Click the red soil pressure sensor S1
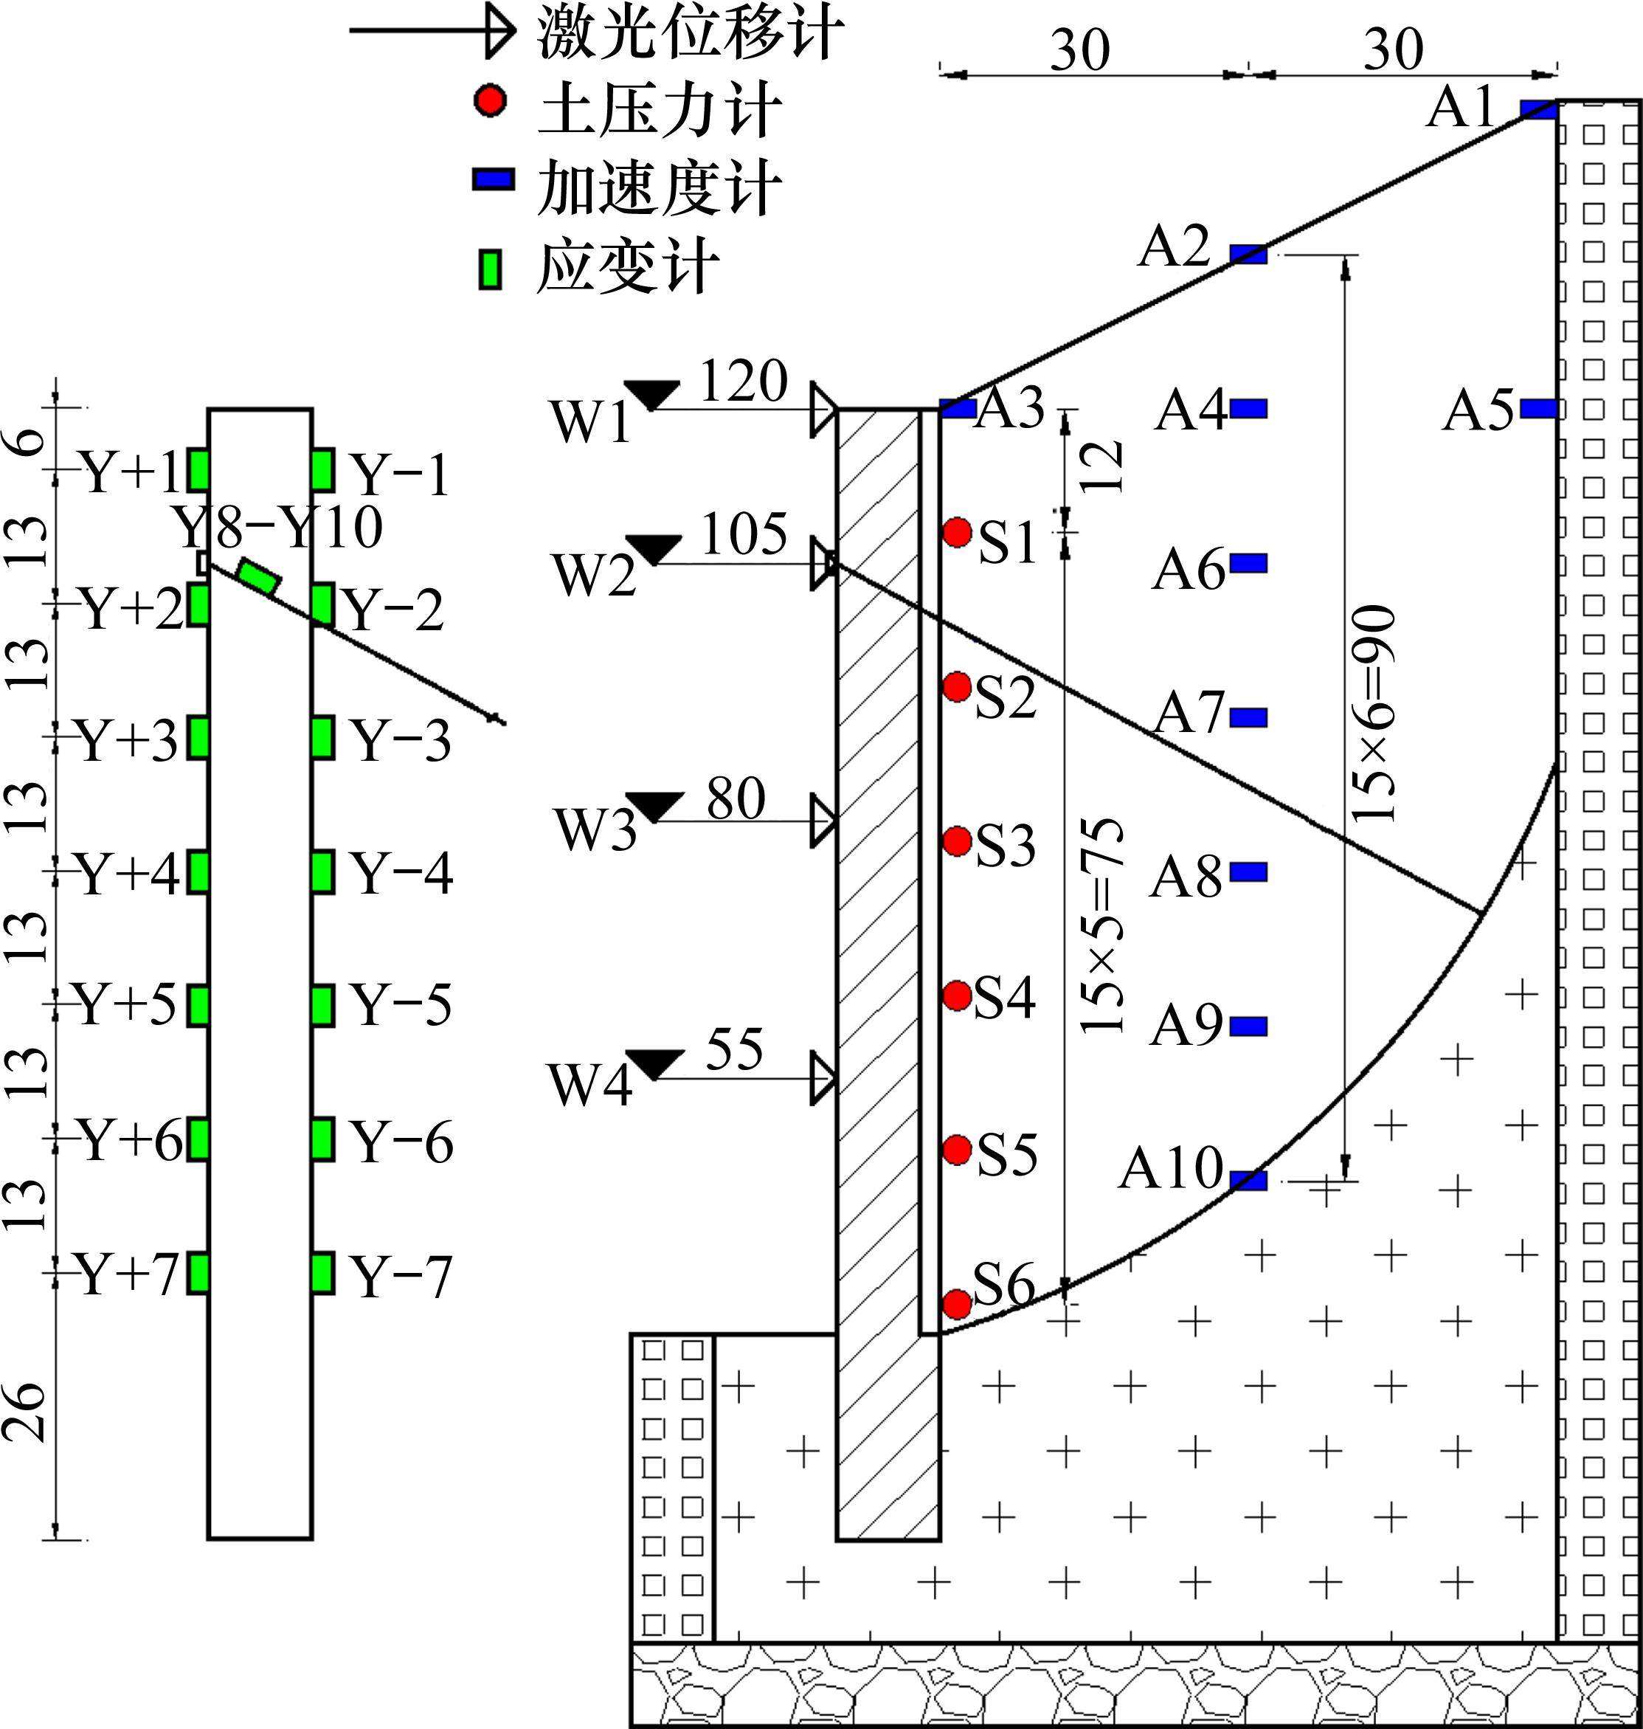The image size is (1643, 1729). coord(958,531)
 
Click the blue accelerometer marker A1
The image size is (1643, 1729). coord(1538,109)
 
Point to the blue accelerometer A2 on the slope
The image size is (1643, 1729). coord(1249,255)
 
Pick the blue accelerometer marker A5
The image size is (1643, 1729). coord(1539,408)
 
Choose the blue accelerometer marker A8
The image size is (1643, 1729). coord(1249,872)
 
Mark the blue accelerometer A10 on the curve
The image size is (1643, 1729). coord(1249,1181)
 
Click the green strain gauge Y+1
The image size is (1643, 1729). coord(198,470)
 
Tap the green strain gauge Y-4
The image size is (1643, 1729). coord(322,872)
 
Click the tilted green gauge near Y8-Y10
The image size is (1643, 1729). coord(259,577)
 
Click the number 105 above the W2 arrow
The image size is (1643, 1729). coord(744,534)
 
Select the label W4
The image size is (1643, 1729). coord(590,1086)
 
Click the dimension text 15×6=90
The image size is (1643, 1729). coord(1372,714)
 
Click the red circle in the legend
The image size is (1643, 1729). coord(490,100)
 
